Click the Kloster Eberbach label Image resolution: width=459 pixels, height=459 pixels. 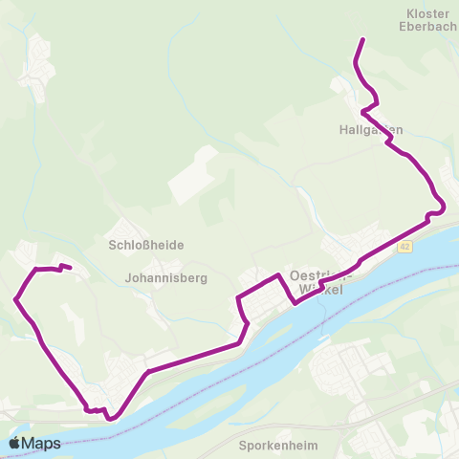pos(427,20)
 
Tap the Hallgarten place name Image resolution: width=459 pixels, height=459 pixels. pos(370,129)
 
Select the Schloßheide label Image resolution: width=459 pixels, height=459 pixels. pos(146,245)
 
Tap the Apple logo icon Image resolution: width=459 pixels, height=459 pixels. pos(16,443)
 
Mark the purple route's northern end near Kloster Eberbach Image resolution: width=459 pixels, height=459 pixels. pos(363,39)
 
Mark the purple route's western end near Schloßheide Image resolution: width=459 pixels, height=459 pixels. pos(71,268)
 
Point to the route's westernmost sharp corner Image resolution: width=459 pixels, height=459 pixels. pos(16,299)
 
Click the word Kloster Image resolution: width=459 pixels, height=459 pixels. pos(427,13)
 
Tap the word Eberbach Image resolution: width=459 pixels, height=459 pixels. pos(427,27)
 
